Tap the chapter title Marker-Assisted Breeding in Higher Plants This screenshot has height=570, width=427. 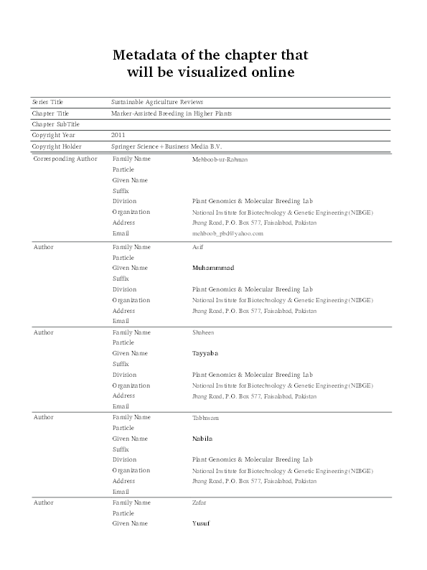(172, 113)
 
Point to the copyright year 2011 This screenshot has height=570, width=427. (119, 135)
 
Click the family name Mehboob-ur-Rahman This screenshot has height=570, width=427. (220, 159)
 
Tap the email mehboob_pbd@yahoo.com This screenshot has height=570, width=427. (227, 233)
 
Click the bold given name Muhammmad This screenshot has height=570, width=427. (213, 268)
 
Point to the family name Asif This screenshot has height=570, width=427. (198, 247)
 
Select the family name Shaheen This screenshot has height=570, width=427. (203, 332)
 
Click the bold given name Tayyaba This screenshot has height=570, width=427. (205, 353)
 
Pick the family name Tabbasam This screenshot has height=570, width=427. (206, 417)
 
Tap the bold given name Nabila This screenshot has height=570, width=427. (203, 438)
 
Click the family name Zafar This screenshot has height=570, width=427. (200, 503)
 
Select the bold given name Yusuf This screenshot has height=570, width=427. (201, 523)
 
